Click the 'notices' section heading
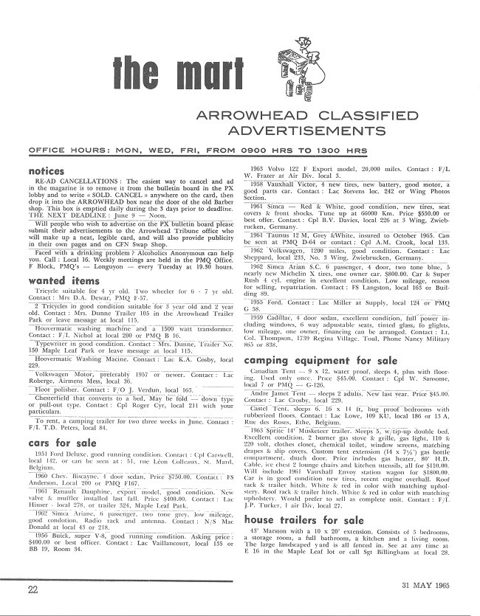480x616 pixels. (45, 171)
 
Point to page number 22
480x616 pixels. (32, 588)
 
